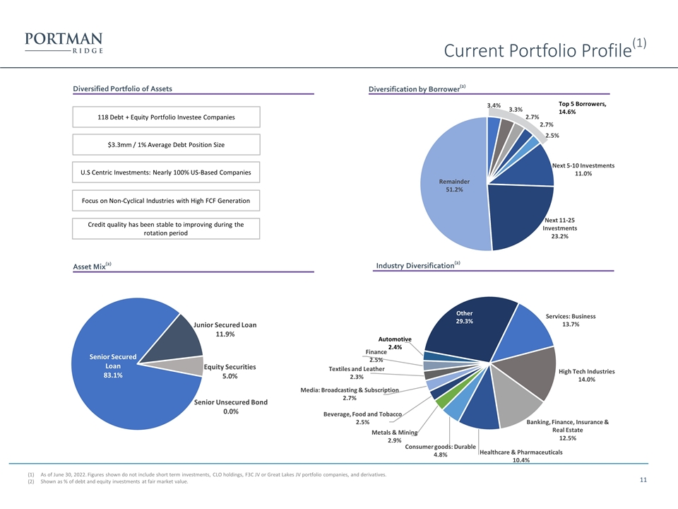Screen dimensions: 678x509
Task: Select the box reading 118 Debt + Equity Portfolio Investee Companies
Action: point(166,117)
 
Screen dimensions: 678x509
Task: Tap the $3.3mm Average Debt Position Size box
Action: point(166,144)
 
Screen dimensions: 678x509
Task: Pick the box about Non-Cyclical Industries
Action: point(166,200)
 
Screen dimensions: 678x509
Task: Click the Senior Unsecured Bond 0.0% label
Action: point(231,406)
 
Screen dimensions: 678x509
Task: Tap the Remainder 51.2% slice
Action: point(454,185)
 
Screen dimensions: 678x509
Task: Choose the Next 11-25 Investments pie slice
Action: point(519,214)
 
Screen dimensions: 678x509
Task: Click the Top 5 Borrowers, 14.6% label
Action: point(582,107)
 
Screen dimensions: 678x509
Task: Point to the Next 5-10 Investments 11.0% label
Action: point(583,169)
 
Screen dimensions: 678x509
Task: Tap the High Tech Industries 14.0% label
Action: point(586,375)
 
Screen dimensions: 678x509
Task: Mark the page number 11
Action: point(643,479)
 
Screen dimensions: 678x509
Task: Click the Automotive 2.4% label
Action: point(395,343)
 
